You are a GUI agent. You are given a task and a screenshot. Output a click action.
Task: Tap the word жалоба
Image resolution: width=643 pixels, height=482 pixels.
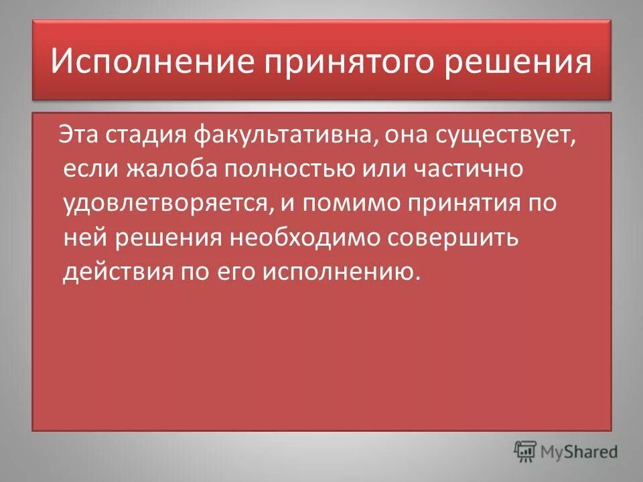coord(167,169)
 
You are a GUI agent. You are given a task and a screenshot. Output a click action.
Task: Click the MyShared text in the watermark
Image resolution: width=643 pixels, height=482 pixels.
coord(580,451)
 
